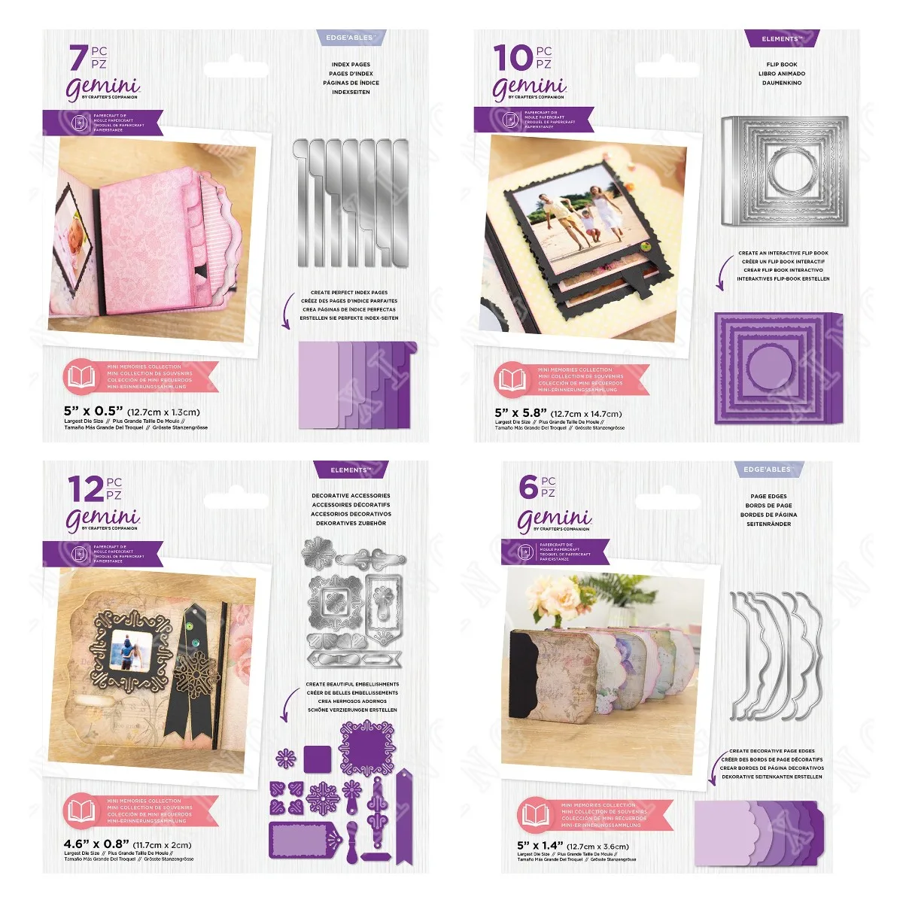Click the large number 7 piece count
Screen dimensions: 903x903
78,59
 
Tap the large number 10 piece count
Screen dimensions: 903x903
512,59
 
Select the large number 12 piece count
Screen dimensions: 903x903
84,490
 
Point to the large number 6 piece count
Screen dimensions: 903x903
528,487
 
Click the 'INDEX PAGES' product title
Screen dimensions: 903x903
351,65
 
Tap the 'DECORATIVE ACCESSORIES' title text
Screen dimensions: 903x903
351,496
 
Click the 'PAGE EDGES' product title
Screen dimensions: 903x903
768,497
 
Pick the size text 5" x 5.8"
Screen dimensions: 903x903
521,413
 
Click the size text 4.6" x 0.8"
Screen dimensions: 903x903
96,844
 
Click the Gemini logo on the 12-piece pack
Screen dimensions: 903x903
103,519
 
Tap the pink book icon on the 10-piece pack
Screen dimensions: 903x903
512,379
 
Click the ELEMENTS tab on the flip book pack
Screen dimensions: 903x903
782,38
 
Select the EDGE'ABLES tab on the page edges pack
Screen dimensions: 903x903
768,470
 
